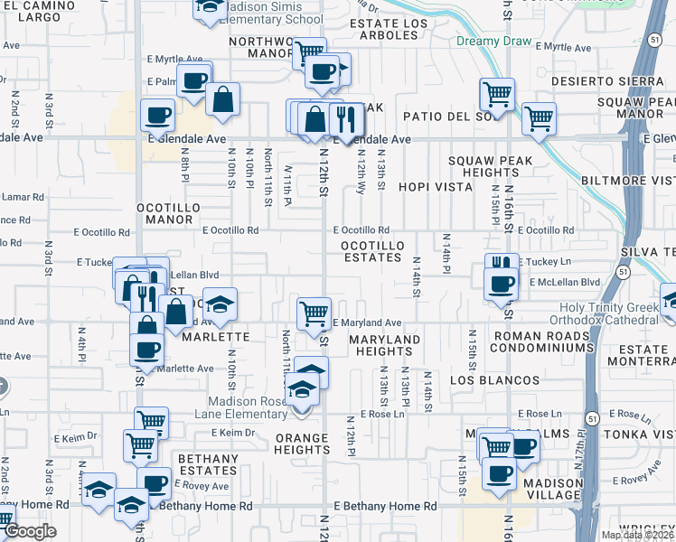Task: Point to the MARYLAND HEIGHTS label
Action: [x=385, y=345]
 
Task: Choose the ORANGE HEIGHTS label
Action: [x=301, y=444]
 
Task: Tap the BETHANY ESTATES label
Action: [x=207, y=464]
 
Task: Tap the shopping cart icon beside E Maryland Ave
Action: [x=314, y=313]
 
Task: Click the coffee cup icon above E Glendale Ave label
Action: [x=158, y=115]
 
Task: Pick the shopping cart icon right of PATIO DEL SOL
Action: [x=539, y=117]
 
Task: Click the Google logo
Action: [x=30, y=531]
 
